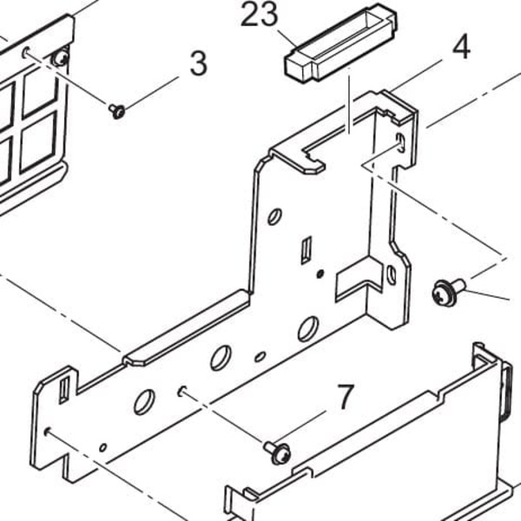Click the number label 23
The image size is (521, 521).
[259, 14]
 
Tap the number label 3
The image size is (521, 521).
[199, 63]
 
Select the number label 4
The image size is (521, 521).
[462, 47]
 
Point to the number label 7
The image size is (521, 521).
[346, 397]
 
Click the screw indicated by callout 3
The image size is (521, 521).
[117, 110]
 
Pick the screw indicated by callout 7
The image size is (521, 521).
[278, 453]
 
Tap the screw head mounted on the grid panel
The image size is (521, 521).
[60, 59]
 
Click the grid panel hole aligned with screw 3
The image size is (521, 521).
[25, 52]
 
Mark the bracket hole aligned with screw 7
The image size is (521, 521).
[181, 392]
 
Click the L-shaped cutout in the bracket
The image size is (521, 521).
[359, 279]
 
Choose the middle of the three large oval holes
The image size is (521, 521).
[221, 358]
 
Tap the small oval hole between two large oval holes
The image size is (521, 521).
[260, 357]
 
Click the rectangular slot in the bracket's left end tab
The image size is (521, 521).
[63, 390]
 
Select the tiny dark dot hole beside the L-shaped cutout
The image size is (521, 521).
[320, 274]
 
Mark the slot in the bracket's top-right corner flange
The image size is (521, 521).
[400, 142]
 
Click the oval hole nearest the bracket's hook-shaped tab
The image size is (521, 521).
[274, 216]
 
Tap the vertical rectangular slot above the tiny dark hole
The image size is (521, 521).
[306, 250]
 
